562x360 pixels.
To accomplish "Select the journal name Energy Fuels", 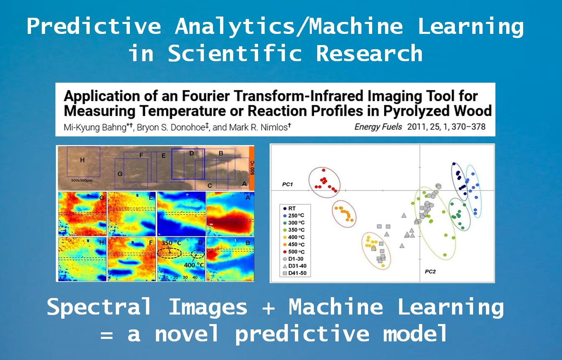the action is point(378,127).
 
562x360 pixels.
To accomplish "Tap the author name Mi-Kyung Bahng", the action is point(95,128).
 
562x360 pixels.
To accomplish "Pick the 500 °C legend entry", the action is point(294,252).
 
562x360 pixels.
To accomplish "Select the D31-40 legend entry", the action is point(294,266).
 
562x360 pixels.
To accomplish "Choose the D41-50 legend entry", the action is point(294,273).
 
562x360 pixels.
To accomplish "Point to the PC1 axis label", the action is point(287,184).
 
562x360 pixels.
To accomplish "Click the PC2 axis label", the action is point(430,272).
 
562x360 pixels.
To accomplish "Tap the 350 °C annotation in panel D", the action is point(171,243).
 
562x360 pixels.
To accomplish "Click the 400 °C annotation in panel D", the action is point(194,265).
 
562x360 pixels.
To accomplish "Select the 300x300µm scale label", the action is point(81,181).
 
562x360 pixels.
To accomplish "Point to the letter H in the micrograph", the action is point(82,160).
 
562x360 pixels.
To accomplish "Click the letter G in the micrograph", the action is point(120,174).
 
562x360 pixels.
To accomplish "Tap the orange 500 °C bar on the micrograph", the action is point(252,168).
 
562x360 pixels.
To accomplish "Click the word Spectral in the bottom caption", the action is point(99,307).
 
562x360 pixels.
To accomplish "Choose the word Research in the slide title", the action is point(369,53).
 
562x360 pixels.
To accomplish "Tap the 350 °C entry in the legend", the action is point(294,230).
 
